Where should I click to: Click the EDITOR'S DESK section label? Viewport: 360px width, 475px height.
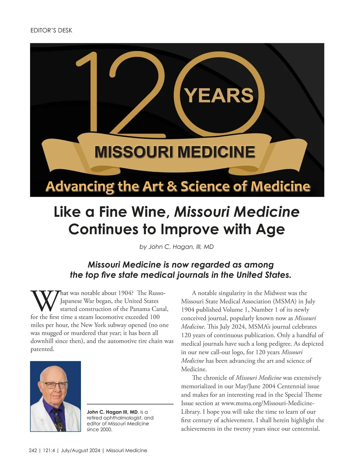pos(51,30)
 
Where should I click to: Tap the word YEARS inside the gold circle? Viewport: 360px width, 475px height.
pos(219,95)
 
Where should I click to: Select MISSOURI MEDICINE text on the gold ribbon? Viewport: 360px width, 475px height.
pos(175,152)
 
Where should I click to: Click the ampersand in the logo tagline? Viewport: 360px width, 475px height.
pos(172,186)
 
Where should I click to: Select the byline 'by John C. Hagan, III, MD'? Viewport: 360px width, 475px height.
pos(176,247)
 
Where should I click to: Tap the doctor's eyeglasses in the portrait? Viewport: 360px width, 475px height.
pos(56,385)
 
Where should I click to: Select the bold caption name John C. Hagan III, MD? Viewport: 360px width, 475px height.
pos(112,412)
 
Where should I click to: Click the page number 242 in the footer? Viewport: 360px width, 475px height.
pos(33,450)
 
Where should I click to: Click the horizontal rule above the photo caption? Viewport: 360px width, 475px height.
pos(130,404)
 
